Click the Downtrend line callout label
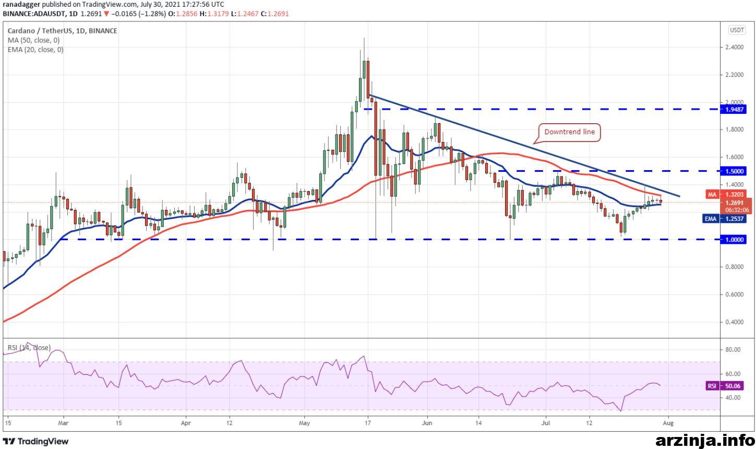click(569, 132)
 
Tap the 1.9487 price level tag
click(733, 109)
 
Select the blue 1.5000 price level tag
click(733, 171)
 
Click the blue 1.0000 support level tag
click(733, 240)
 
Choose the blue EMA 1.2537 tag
click(724, 219)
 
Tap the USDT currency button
click(737, 30)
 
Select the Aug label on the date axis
click(668, 423)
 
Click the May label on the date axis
click(304, 423)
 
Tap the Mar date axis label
click(63, 423)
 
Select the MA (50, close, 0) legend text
click(33, 41)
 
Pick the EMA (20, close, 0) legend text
click(35, 50)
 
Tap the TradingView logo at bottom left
click(36, 441)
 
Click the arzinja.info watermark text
click(705, 441)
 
